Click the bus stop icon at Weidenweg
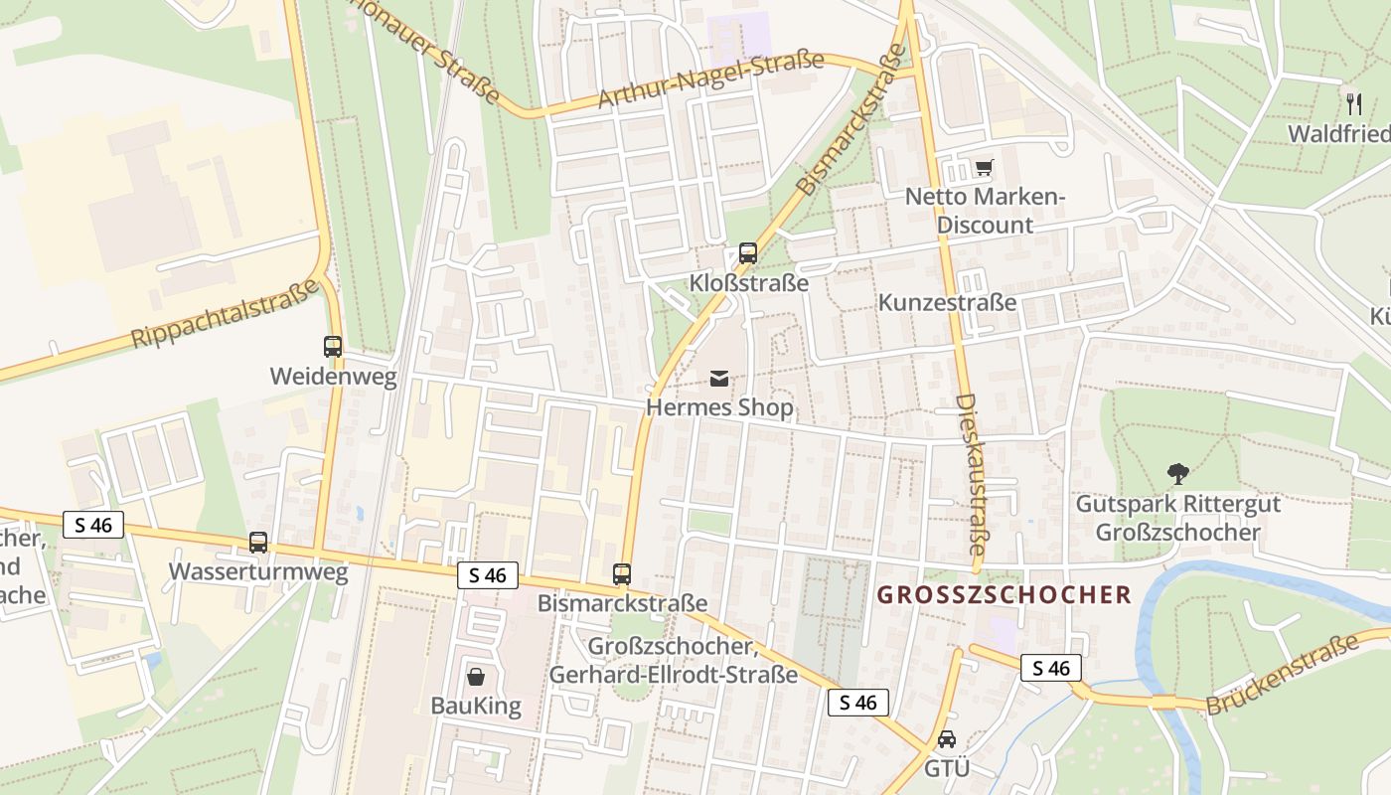click(333, 347)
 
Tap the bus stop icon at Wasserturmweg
click(258, 543)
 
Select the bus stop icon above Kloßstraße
click(748, 253)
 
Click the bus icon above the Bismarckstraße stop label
click(622, 573)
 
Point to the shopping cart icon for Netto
click(984, 168)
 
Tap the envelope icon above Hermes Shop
click(719, 379)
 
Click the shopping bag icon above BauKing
click(476, 677)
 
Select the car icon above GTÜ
click(947, 740)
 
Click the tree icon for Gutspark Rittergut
click(1178, 473)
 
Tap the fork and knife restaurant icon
click(1352, 102)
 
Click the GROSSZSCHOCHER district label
click(1005, 595)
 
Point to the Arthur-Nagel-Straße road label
click(710, 79)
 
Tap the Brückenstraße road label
click(1283, 675)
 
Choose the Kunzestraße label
click(947, 302)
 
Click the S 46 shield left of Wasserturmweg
click(93, 525)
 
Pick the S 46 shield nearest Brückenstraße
click(1051, 668)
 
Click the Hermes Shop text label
click(720, 407)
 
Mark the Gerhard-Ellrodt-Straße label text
click(674, 675)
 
